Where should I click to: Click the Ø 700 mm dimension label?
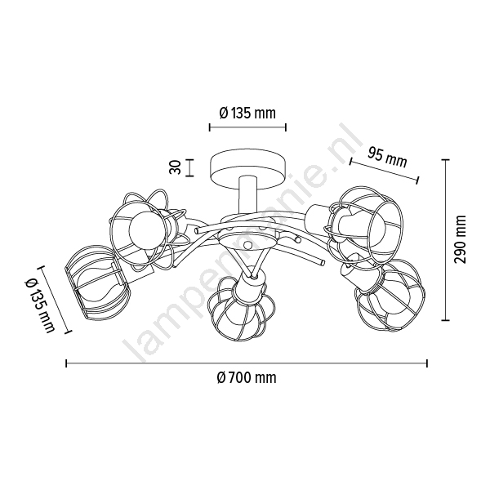[247, 378]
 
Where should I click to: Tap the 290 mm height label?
[460, 239]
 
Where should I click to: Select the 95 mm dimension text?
[387, 158]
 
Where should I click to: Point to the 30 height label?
[175, 167]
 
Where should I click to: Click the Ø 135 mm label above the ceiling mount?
[247, 113]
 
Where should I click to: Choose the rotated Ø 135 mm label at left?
[40, 306]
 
